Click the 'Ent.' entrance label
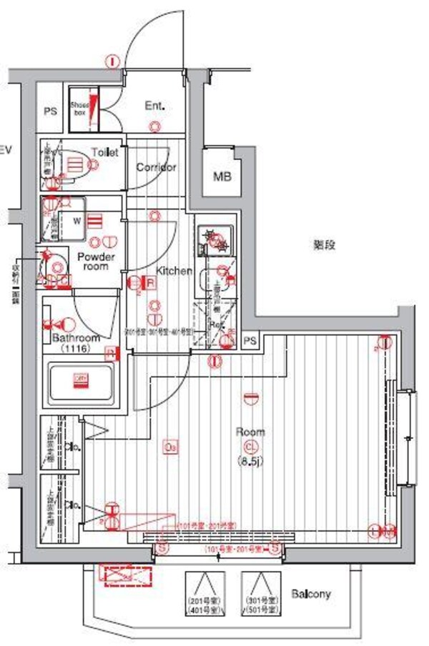pyautogui.click(x=155, y=106)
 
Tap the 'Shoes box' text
pyautogui.click(x=79, y=109)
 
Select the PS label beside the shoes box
pyautogui.click(x=49, y=111)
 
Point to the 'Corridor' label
pyautogui.click(x=156, y=167)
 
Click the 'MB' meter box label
pyautogui.click(x=222, y=175)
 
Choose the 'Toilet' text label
pyautogui.click(x=104, y=152)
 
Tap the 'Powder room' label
pyautogui.click(x=93, y=261)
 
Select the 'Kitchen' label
pyautogui.click(x=174, y=271)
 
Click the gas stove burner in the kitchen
pyautogui.click(x=214, y=239)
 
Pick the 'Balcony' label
pyautogui.click(x=311, y=594)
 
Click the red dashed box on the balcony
pyautogui.click(x=127, y=576)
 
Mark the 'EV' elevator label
pyautogui.click(x=6, y=150)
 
